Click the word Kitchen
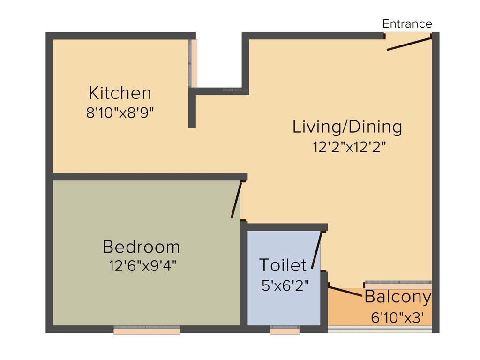[120, 93]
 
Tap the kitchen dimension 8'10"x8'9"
[120, 113]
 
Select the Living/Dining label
[347, 127]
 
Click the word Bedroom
[141, 247]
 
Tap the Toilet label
[283, 265]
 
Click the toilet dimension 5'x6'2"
[285, 285]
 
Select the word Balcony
[397, 297]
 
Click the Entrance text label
[407, 24]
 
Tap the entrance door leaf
[408, 44]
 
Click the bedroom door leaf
[237, 200]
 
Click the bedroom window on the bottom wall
[147, 330]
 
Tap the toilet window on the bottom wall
[285, 330]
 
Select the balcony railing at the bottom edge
[379, 330]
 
